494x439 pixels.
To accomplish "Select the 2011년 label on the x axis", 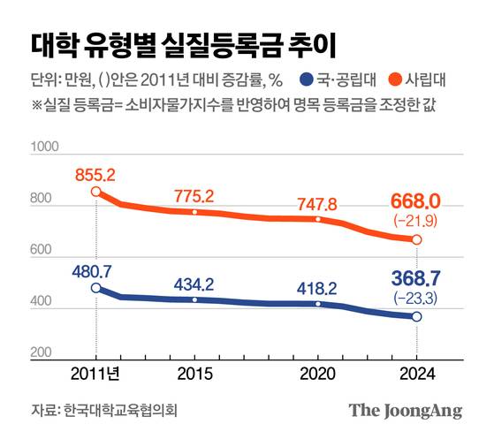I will (x=95, y=374).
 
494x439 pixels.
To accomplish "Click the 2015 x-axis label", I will (x=194, y=374).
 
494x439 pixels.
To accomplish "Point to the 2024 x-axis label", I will (x=416, y=374).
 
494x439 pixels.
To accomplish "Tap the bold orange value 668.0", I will (x=416, y=202).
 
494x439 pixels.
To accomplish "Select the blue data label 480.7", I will (x=95, y=269).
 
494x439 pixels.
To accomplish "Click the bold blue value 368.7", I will (x=416, y=280).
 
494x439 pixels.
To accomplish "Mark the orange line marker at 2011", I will (x=95, y=192).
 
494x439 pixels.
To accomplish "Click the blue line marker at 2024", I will (x=417, y=316).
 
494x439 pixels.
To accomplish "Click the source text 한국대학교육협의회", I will (x=120, y=411).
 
